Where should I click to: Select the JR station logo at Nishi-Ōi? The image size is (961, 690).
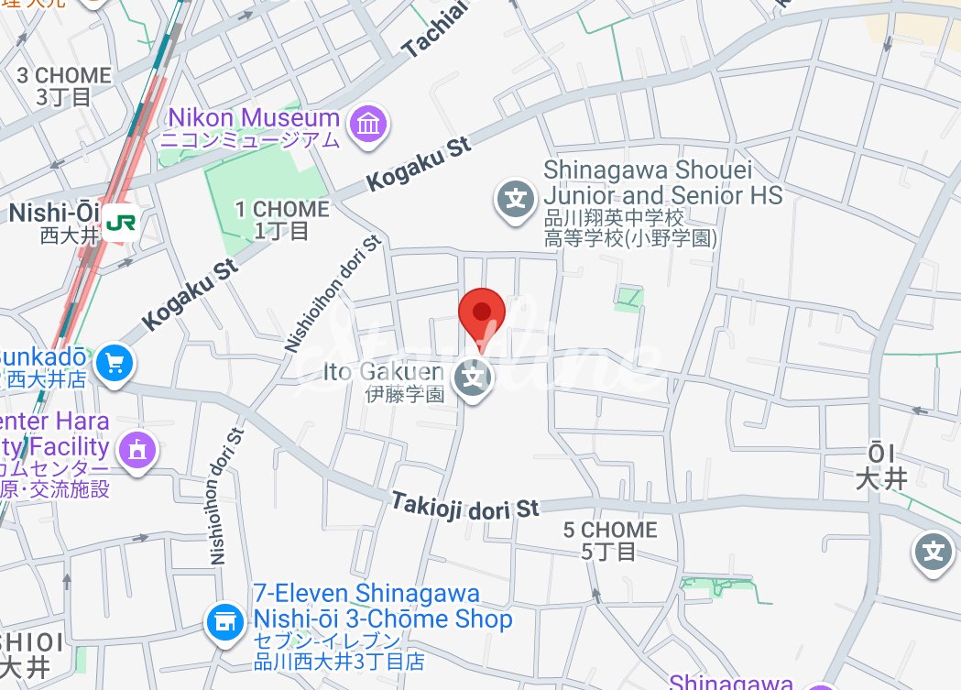click(x=120, y=223)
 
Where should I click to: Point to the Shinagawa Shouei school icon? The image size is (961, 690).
click(x=515, y=198)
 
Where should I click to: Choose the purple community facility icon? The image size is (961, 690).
click(x=137, y=449)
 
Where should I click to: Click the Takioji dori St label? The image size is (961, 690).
click(x=465, y=506)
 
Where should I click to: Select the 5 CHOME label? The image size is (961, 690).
click(x=610, y=540)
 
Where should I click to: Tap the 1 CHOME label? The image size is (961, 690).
click(x=281, y=219)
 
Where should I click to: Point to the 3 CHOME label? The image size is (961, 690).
click(x=64, y=85)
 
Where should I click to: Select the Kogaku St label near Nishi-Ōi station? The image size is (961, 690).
click(x=191, y=293)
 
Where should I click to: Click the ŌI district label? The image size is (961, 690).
click(x=881, y=465)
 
